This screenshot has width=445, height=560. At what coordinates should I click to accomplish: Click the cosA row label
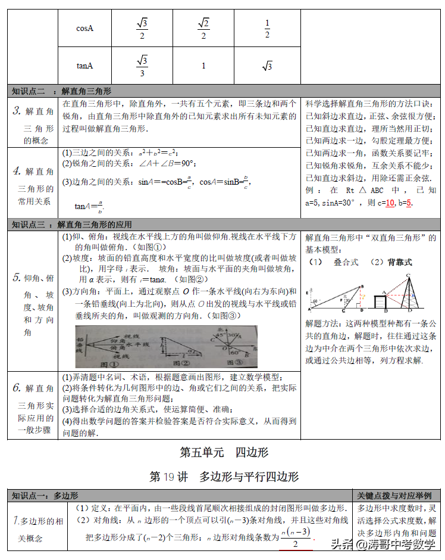(x=85, y=27)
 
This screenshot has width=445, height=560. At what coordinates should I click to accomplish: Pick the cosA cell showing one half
(x=267, y=27)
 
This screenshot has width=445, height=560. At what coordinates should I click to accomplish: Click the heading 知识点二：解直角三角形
(x=62, y=91)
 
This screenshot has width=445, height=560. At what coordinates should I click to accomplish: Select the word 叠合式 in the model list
(x=346, y=262)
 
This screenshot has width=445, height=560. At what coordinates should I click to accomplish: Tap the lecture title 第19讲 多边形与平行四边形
(x=224, y=477)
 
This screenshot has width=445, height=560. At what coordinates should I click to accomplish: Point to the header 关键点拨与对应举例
(x=395, y=496)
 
